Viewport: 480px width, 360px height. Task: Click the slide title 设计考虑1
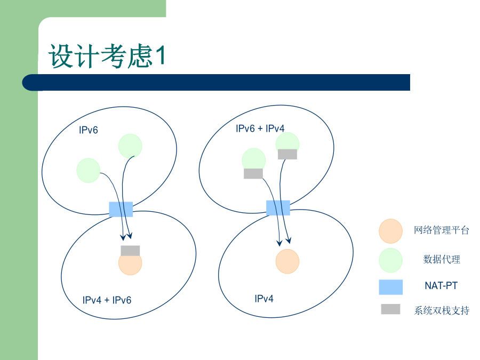(107, 55)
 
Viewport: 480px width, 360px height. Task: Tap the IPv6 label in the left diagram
(89, 130)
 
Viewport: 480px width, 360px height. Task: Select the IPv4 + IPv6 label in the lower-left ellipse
(107, 300)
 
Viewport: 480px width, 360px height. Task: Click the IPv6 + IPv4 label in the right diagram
(260, 129)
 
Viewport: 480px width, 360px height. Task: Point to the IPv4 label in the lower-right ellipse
(264, 299)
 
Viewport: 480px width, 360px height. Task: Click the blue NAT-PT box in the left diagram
(121, 210)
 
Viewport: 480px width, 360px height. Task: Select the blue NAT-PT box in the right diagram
(278, 208)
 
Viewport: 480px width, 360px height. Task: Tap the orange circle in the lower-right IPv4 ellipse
(287, 261)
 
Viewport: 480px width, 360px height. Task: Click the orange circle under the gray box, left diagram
(130, 265)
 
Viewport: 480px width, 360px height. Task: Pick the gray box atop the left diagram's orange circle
(131, 251)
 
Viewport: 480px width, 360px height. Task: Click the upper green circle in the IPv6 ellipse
(130, 146)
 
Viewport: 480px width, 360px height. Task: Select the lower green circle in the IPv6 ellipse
(88, 171)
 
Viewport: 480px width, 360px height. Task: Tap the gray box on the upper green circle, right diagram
(287, 154)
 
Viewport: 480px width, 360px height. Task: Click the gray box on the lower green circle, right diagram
(253, 173)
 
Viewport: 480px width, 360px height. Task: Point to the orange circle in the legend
(390, 231)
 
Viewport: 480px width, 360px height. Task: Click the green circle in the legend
(390, 260)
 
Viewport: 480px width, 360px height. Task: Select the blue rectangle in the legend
(391, 287)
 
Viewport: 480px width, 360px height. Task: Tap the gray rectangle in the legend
(390, 309)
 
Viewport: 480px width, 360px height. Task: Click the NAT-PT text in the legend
(441, 286)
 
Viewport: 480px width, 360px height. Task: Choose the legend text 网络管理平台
(442, 230)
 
